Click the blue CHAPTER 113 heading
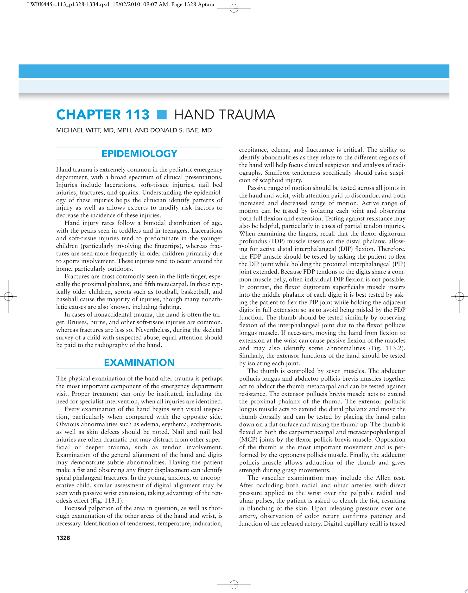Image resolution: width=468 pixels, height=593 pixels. (x=102, y=115)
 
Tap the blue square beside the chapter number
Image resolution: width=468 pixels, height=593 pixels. (x=162, y=115)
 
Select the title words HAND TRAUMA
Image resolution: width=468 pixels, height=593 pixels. (x=225, y=115)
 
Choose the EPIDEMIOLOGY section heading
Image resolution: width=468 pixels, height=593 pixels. (x=139, y=153)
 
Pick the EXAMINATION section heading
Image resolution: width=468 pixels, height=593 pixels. (x=139, y=363)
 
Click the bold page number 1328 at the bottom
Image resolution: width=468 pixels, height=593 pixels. (x=63, y=538)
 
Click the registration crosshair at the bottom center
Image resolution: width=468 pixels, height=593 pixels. (x=234, y=585)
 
